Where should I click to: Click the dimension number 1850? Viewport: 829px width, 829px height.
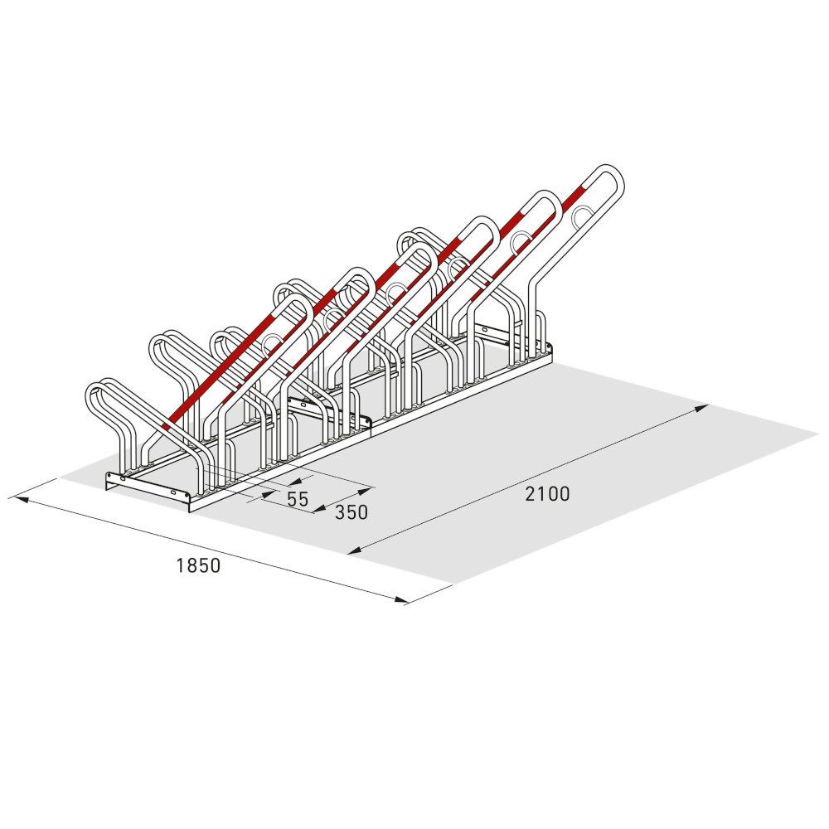click(x=198, y=565)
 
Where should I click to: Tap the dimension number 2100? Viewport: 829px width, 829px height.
click(x=548, y=494)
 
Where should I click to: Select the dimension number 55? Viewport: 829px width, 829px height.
click(x=298, y=499)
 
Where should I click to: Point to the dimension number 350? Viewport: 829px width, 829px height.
click(x=351, y=511)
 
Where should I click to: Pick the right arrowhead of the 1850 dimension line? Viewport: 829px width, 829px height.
click(x=402, y=599)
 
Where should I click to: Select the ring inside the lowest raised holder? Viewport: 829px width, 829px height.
click(x=273, y=344)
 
